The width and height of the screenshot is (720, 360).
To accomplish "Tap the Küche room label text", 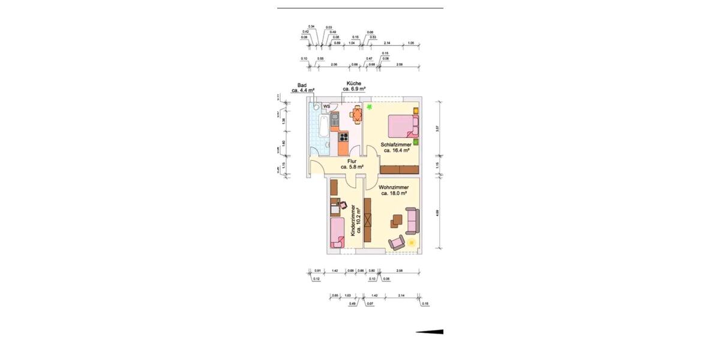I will pyautogui.click(x=354, y=86).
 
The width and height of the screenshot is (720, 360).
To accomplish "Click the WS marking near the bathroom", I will pyautogui.click(x=327, y=107).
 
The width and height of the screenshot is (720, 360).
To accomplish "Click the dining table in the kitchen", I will pyautogui.click(x=358, y=113).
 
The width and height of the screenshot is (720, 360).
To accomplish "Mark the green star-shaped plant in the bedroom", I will pyautogui.click(x=370, y=107).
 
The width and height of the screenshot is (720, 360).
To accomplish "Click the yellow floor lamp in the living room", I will pyautogui.click(x=412, y=242).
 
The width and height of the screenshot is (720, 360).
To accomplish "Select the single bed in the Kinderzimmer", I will pyautogui.click(x=337, y=233).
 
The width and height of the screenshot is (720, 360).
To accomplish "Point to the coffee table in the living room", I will pyautogui.click(x=397, y=221).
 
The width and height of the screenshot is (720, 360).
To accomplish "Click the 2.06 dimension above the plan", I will pyautogui.click(x=334, y=64).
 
